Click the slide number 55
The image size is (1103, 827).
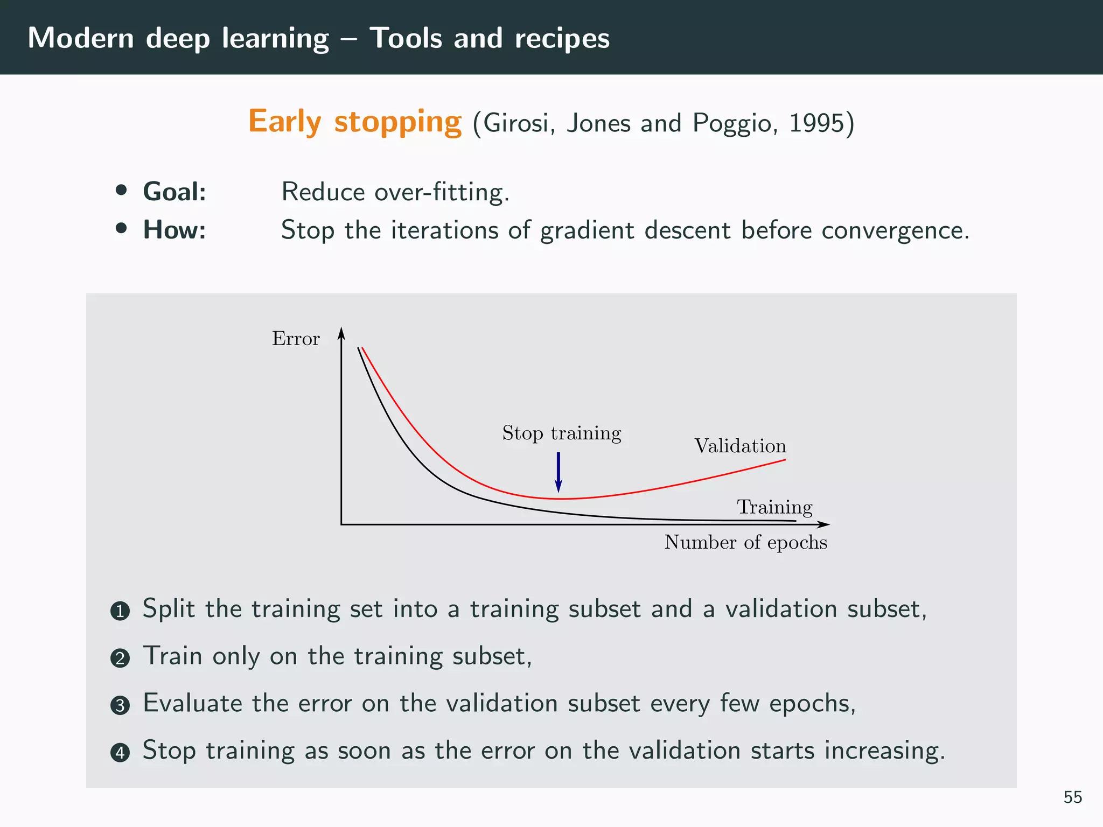pos(1072,797)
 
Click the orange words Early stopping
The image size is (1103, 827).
pos(354,122)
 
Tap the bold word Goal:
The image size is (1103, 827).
pos(174,192)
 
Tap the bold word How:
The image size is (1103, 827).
pos(174,230)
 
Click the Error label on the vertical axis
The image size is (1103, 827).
pos(296,339)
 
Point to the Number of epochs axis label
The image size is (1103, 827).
pos(745,542)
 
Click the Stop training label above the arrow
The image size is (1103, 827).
pos(562,433)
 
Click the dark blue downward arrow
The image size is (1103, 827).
pos(559,472)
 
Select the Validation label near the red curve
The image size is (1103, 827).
pos(740,446)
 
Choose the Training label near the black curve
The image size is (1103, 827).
pos(774,507)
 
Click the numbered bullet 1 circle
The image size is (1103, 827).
pos(120,611)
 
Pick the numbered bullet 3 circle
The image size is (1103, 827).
pos(120,705)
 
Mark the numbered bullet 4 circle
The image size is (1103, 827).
pos(120,752)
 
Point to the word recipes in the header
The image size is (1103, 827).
pos(562,39)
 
